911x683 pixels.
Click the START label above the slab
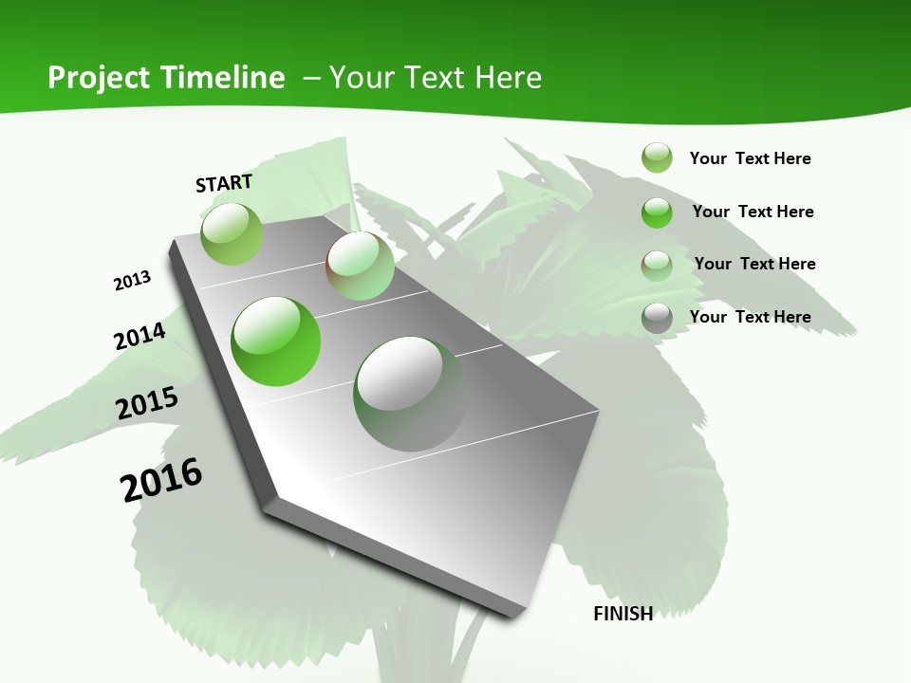[x=224, y=183]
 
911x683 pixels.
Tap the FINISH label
[x=623, y=614]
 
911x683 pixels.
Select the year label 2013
[x=133, y=281]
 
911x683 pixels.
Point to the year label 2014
[x=139, y=336]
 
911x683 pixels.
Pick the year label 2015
[x=147, y=403]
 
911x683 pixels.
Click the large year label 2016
[x=161, y=479]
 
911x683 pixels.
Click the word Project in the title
[x=98, y=78]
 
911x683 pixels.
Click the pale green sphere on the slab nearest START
[x=232, y=233]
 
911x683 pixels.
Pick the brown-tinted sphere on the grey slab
[x=360, y=266]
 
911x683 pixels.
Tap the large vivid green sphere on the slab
[x=276, y=341]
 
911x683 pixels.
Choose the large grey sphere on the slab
[x=410, y=393]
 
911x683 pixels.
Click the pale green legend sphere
[x=657, y=157]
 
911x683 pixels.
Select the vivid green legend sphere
[x=657, y=212]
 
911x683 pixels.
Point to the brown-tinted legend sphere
[x=657, y=265]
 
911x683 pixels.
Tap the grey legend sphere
[x=657, y=318]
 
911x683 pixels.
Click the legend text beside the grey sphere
[x=750, y=317]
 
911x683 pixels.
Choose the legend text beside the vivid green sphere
[x=753, y=212]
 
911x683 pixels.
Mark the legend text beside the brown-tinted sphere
[x=754, y=264]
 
